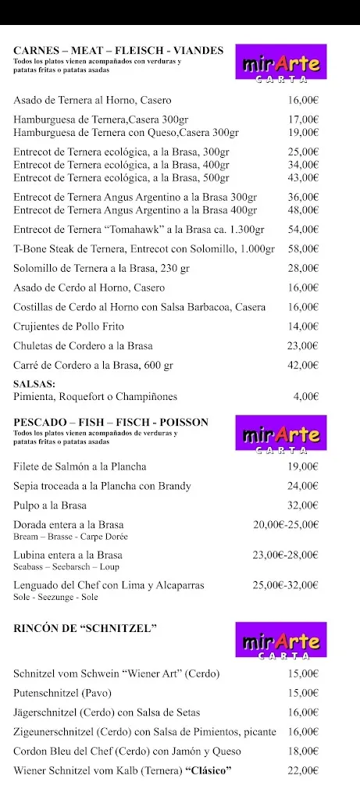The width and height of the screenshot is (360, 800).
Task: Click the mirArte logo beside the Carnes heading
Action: point(282,62)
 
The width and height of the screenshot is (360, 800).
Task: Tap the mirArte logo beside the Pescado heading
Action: point(282,435)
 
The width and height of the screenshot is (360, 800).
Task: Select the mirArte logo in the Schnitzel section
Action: point(282,641)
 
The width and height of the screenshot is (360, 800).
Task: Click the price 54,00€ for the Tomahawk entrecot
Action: point(303,230)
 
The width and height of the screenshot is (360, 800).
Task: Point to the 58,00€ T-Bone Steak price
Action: point(303,248)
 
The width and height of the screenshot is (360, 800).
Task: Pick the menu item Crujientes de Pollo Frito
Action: point(69,327)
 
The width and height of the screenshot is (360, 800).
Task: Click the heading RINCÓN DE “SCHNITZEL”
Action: point(86,628)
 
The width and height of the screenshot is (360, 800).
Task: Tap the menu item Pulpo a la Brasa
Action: point(50,505)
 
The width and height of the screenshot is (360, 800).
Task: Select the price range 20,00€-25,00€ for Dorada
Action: point(286,525)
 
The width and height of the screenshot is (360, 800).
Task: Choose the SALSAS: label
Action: point(34,384)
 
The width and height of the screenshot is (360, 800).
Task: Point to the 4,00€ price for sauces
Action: point(305,397)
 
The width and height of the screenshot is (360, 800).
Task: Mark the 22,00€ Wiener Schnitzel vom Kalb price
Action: point(303,771)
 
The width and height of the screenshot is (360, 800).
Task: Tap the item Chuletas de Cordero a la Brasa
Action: point(83,346)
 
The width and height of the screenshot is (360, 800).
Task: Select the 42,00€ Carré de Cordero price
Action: point(303,365)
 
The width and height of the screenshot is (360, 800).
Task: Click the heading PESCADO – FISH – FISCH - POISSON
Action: point(111,423)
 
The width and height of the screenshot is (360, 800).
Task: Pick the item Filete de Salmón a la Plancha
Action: point(80,467)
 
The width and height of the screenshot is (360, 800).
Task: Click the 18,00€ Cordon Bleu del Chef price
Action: point(303,752)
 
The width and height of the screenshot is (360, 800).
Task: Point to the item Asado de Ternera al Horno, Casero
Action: point(92,101)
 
